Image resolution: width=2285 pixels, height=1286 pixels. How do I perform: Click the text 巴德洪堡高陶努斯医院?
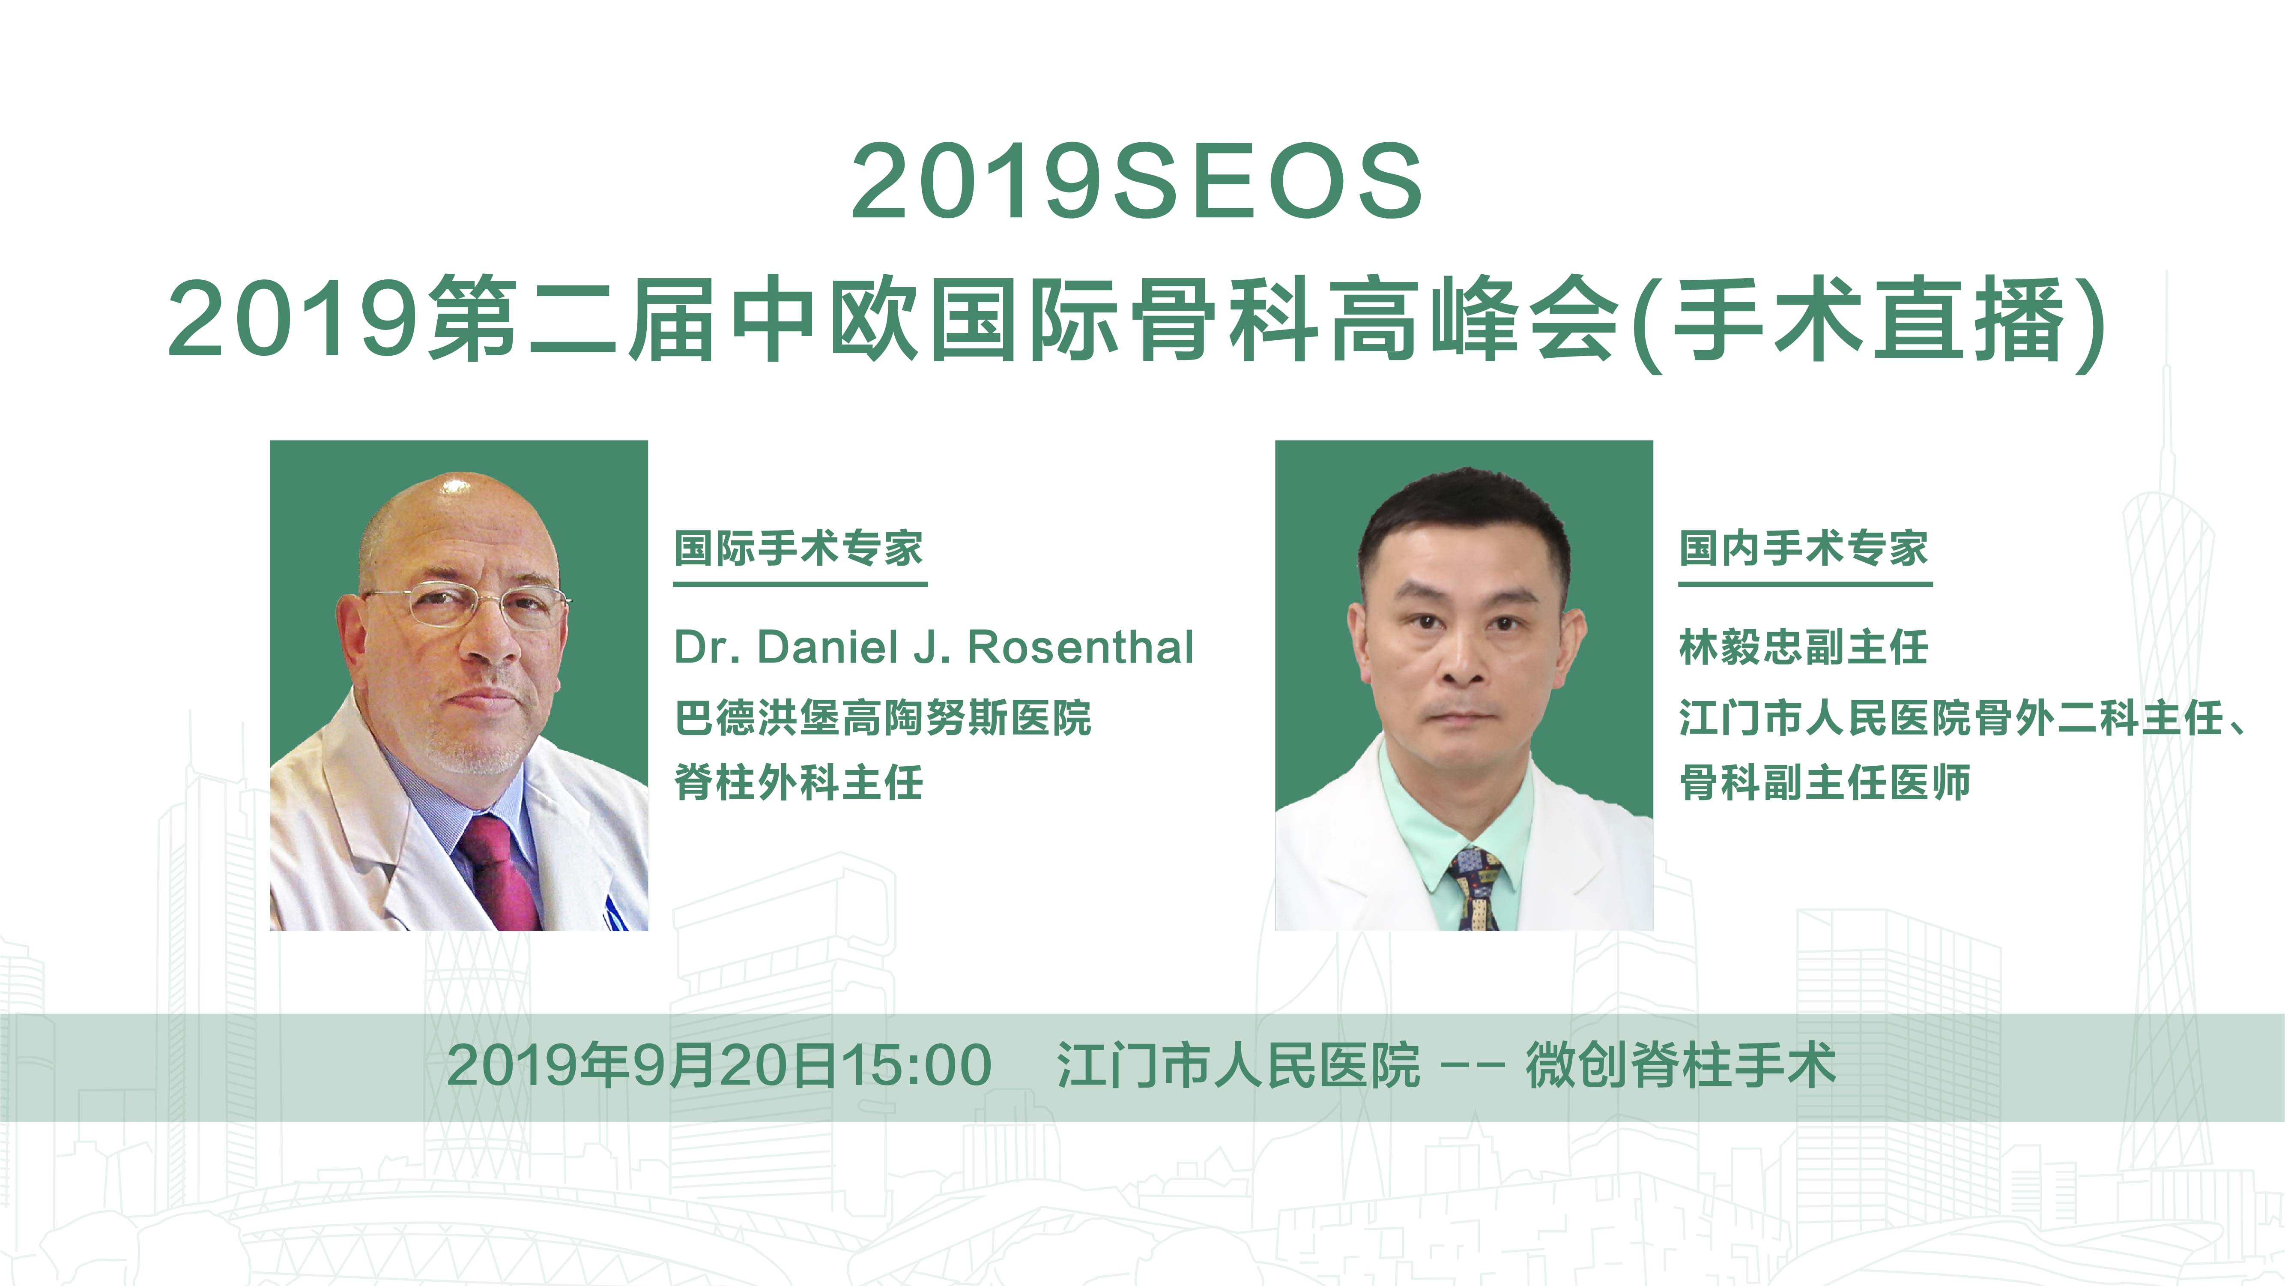click(883, 717)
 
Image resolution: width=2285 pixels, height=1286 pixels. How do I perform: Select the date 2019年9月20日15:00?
click(719, 1065)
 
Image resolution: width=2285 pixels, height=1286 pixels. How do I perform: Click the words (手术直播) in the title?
click(1872, 321)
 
